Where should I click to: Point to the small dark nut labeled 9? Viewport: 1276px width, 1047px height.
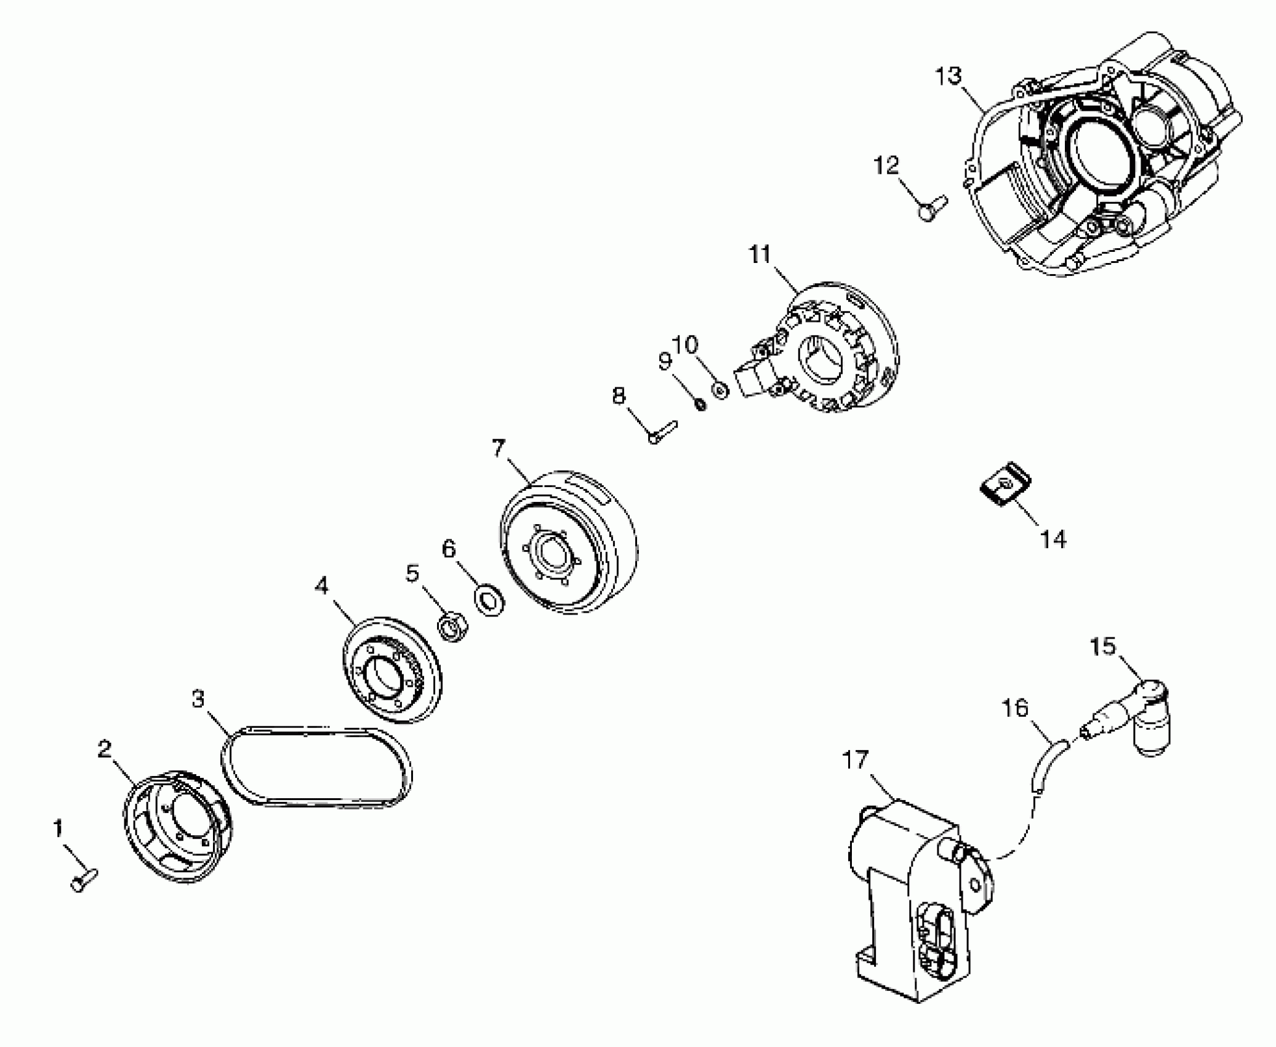tap(699, 405)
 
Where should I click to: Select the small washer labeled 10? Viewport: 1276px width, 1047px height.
tap(720, 390)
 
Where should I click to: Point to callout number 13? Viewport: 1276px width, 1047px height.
tap(947, 77)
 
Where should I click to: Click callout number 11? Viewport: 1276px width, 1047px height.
tap(760, 254)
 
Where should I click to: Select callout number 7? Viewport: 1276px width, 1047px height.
tap(498, 449)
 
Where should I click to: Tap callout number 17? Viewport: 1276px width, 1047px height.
tap(855, 761)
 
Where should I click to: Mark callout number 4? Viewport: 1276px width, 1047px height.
tap(321, 586)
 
